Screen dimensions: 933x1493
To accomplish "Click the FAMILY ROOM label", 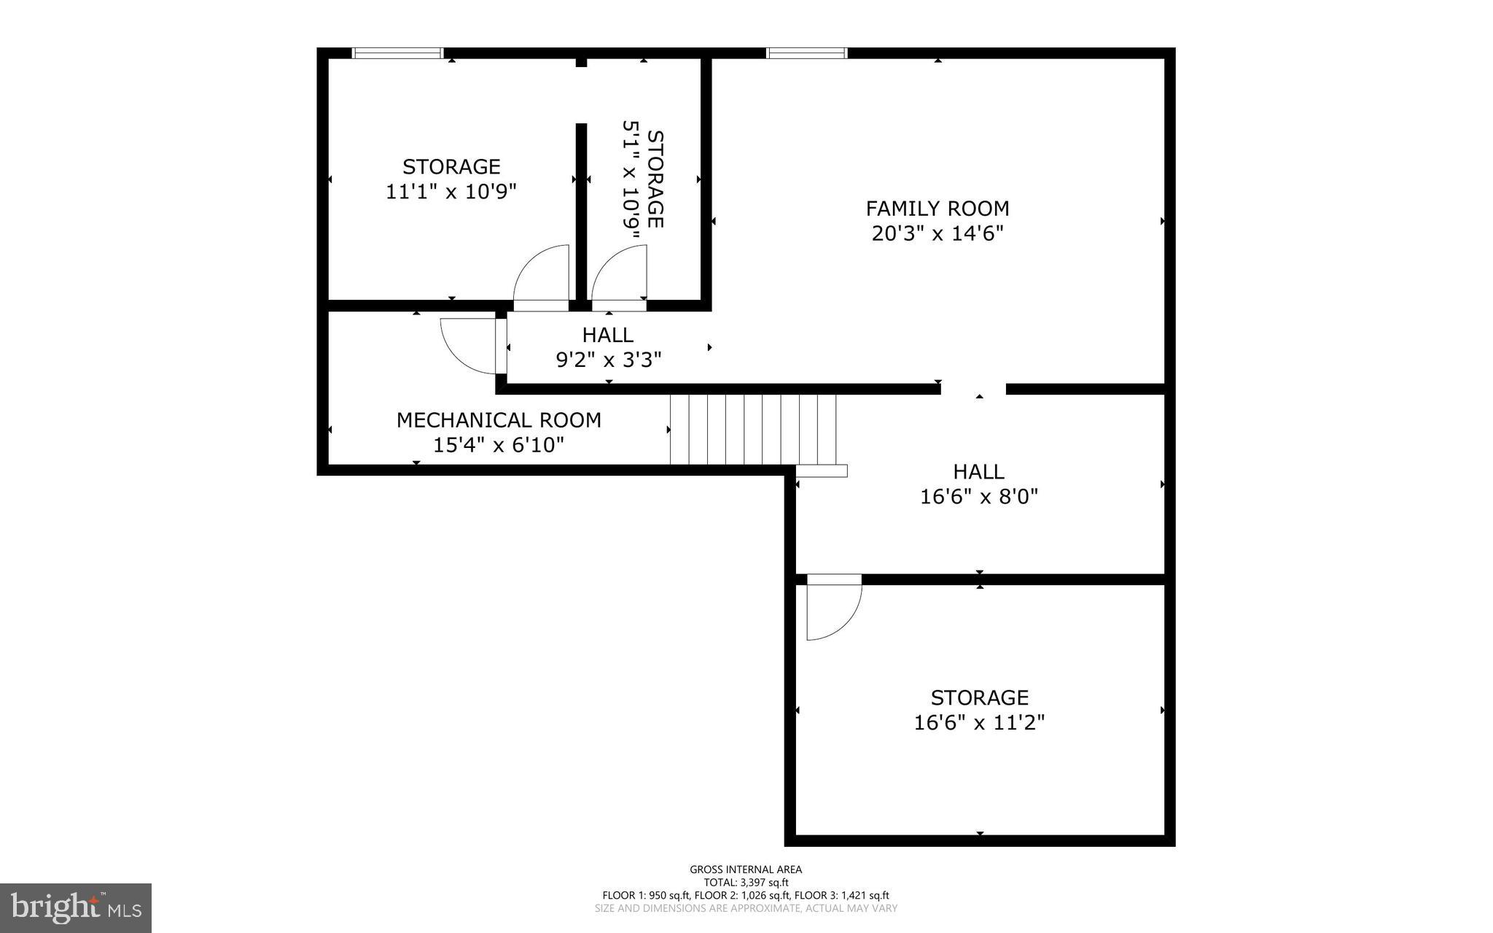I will [x=937, y=209].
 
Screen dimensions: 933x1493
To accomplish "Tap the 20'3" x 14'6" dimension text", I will [x=937, y=234].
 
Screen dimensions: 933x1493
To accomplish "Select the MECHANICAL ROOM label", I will [x=499, y=420].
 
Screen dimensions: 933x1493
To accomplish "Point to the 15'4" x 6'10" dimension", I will [x=499, y=445].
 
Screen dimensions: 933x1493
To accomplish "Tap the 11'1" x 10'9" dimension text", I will [x=451, y=192].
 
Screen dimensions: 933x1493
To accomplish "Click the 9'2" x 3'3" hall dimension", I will [x=609, y=360].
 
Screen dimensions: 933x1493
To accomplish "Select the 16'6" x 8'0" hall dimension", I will [x=978, y=497].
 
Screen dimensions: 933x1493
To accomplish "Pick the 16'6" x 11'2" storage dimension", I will [x=979, y=723].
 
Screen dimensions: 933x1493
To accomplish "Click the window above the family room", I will [x=806, y=53].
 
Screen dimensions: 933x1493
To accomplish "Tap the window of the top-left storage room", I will [x=397, y=53].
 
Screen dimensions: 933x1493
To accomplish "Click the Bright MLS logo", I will [x=76, y=907].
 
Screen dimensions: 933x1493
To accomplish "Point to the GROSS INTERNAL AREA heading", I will [x=746, y=869].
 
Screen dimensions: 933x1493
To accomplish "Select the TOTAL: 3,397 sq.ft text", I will [x=746, y=882].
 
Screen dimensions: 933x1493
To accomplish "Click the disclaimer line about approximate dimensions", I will [x=746, y=908].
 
